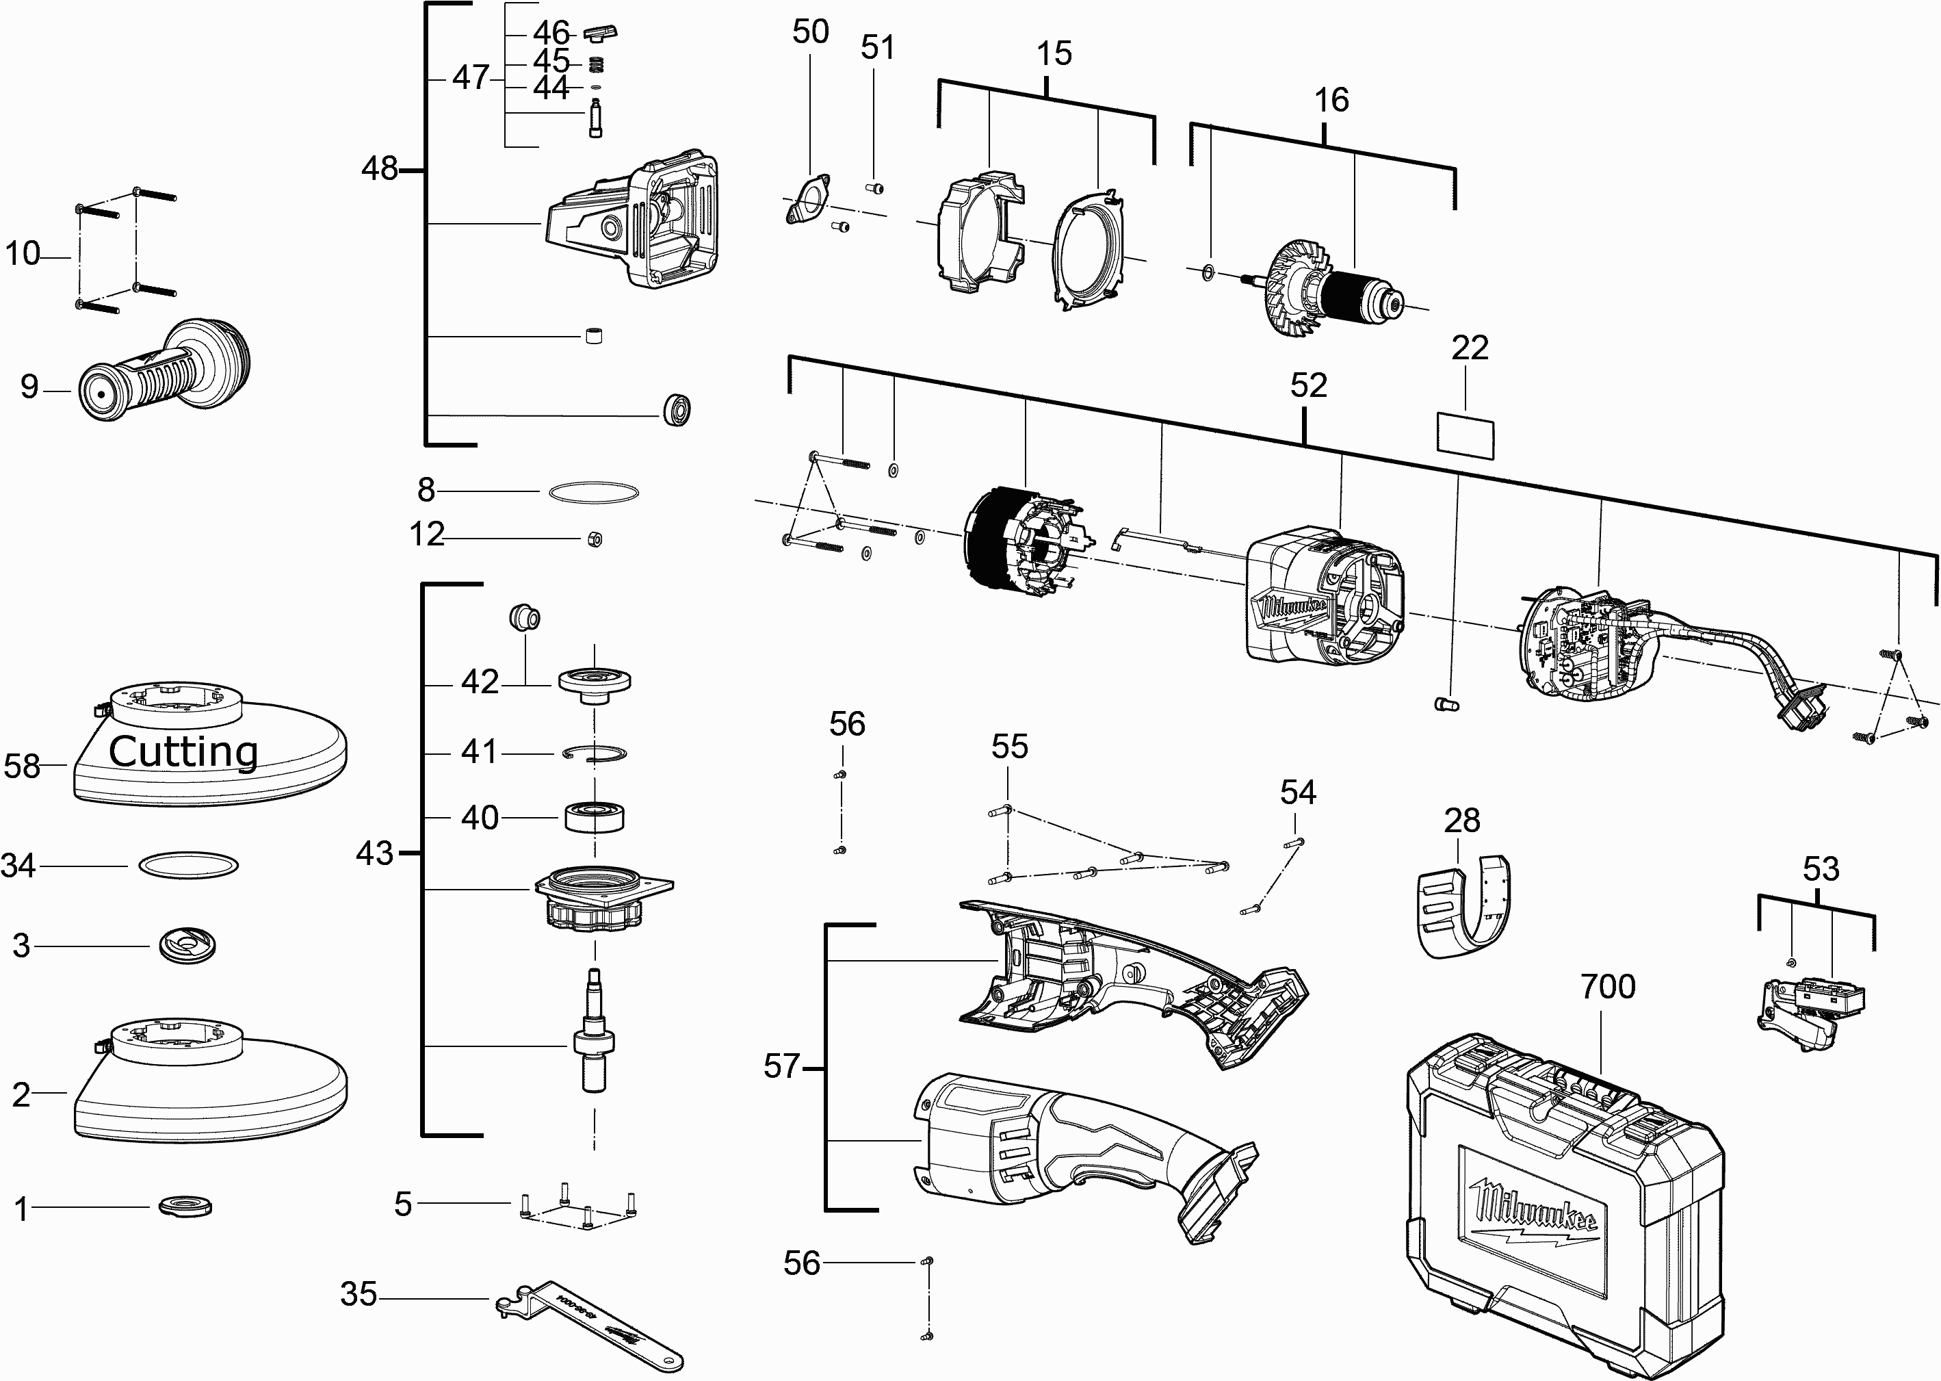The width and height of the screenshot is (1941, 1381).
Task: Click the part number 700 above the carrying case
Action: pyautogui.click(x=1608, y=986)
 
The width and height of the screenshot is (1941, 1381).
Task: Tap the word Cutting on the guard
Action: pyautogui.click(x=183, y=751)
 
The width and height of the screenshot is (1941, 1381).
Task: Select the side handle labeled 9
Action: pyautogui.click(x=161, y=374)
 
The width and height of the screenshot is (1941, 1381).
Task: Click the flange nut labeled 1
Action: pyautogui.click(x=185, y=1206)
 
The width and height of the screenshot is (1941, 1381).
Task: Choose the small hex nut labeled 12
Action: pyautogui.click(x=595, y=539)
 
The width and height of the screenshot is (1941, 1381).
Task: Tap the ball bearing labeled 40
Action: pyautogui.click(x=595, y=817)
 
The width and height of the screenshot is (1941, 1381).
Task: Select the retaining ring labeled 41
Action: pyautogui.click(x=596, y=753)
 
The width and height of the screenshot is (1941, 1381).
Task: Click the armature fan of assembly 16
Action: pyautogui.click(x=1297, y=289)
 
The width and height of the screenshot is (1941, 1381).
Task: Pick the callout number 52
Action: pyautogui.click(x=1307, y=386)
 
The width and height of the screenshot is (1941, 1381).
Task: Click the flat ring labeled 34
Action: pyautogui.click(x=188, y=866)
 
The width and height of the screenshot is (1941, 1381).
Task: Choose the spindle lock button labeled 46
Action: pyautogui.click(x=600, y=33)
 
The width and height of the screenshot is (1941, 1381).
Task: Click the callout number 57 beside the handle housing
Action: pyautogui.click(x=781, y=1066)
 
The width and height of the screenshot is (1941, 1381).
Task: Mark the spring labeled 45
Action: pyautogui.click(x=597, y=63)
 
